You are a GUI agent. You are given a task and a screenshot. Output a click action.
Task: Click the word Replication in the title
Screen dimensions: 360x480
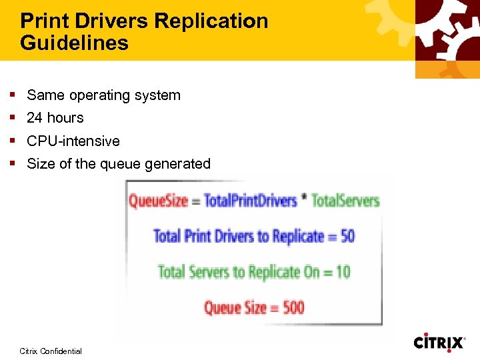tap(212, 21)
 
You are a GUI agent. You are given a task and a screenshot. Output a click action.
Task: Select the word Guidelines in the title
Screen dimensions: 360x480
tap(74, 43)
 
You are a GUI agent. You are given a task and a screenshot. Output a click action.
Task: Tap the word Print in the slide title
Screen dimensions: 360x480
tap(44, 21)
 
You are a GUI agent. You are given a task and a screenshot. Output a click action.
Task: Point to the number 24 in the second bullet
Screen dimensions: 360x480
tap(34, 118)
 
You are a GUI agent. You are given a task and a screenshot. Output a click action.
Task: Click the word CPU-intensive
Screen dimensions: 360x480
tap(73, 141)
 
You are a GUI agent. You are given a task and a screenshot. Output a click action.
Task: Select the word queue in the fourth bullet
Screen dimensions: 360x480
tap(117, 164)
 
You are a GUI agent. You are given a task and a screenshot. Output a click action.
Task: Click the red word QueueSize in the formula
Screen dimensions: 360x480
tap(158, 201)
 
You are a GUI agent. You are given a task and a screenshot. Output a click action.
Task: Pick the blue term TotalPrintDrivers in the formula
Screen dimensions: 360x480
tap(250, 201)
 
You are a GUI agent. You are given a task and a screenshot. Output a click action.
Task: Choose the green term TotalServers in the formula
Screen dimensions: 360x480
tap(345, 201)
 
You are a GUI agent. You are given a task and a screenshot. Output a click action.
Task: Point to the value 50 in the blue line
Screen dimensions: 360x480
tap(347, 236)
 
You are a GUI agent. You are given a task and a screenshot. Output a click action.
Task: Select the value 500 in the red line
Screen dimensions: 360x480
tap(291, 308)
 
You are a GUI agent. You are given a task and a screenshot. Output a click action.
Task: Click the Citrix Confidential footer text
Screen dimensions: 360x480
tap(51, 351)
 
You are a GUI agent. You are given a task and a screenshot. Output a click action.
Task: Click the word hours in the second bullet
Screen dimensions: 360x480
tap(65, 118)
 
